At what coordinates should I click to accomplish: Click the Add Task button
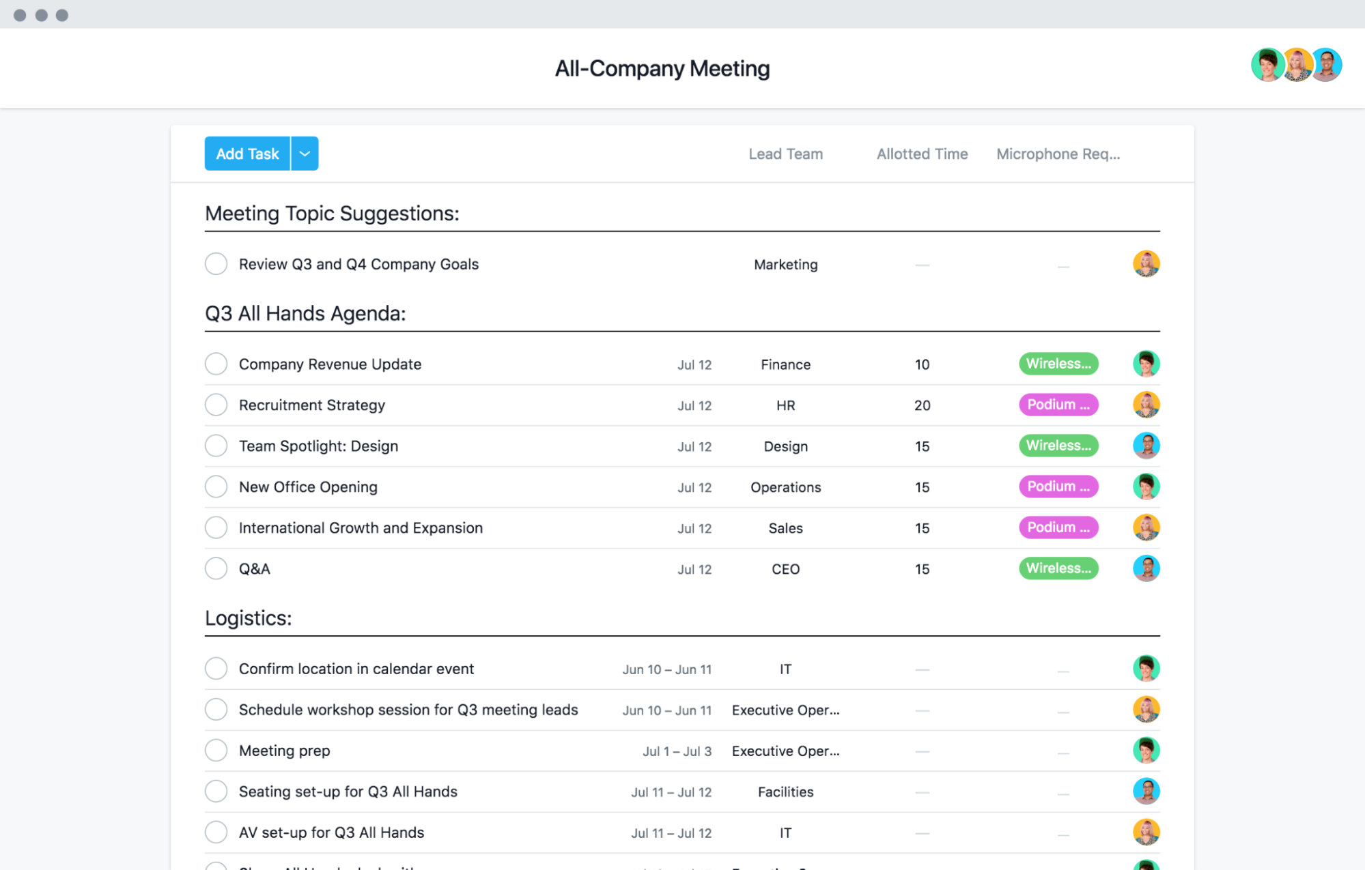point(247,154)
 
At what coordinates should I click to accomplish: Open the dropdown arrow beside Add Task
point(305,154)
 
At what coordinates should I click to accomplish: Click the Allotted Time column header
point(922,154)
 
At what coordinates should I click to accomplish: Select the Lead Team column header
point(785,154)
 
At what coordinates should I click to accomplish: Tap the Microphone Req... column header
point(1058,154)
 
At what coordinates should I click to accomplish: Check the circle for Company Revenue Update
point(216,364)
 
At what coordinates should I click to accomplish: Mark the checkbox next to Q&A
point(216,568)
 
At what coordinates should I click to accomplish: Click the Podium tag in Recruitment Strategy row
point(1058,405)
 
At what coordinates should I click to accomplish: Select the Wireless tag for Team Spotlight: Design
point(1058,446)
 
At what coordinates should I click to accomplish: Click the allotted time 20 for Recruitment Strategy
point(922,405)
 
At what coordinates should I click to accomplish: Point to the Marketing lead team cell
point(785,265)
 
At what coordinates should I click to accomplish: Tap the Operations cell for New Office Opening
point(785,487)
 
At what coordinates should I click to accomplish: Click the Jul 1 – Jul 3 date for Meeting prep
point(677,751)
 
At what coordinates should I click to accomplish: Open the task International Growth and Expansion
point(361,528)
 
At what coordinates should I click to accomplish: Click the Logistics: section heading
point(248,618)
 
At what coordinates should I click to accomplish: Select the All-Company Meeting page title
point(662,68)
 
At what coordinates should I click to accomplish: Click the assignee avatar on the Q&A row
point(1146,568)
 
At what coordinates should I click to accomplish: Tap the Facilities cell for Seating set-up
point(785,792)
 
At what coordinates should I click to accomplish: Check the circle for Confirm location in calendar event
point(216,669)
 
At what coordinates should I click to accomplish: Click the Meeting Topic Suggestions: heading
point(332,214)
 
